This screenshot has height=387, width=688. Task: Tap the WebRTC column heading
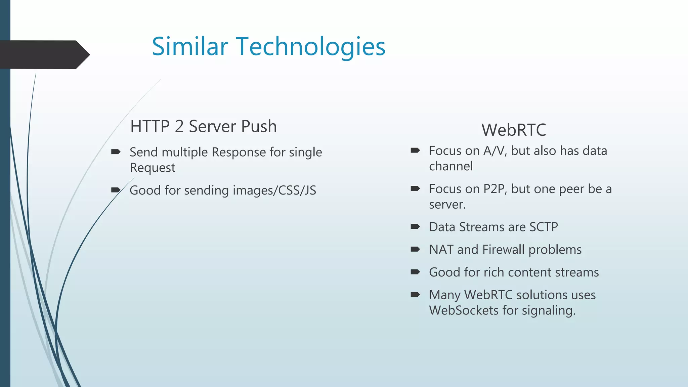coord(514,130)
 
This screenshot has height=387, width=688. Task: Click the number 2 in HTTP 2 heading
coord(179,127)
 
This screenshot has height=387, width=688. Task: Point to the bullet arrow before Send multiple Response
coord(116,152)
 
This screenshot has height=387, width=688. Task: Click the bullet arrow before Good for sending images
coord(116,190)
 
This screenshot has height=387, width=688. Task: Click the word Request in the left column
coord(153,168)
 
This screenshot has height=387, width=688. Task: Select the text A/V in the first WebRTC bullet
coord(494,151)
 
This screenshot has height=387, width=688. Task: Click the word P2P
coord(494,189)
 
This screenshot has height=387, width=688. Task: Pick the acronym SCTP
coord(544,227)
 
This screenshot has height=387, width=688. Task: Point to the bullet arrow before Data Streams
coord(415,227)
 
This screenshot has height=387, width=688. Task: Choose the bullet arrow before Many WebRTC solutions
coord(415,295)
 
